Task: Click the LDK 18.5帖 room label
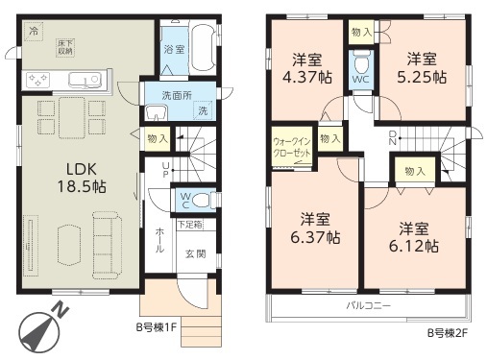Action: point(82,178)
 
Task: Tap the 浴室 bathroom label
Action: point(174,50)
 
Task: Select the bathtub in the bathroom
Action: point(202,46)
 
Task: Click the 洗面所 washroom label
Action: point(177,96)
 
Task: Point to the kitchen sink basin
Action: point(85,80)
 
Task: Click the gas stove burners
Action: point(38,80)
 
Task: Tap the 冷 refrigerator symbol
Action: point(34,31)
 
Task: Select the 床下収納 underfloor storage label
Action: point(65,47)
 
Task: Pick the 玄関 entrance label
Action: point(196,254)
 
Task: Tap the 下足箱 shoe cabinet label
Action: point(190,225)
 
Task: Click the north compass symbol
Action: point(40,329)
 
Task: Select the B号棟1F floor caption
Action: point(157,327)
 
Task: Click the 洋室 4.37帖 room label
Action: point(307,68)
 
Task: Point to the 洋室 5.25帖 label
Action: point(422,68)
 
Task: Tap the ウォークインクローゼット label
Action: point(292,147)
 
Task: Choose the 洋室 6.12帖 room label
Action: point(414,238)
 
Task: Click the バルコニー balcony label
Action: point(369,305)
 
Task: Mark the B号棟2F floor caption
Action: point(448,333)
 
